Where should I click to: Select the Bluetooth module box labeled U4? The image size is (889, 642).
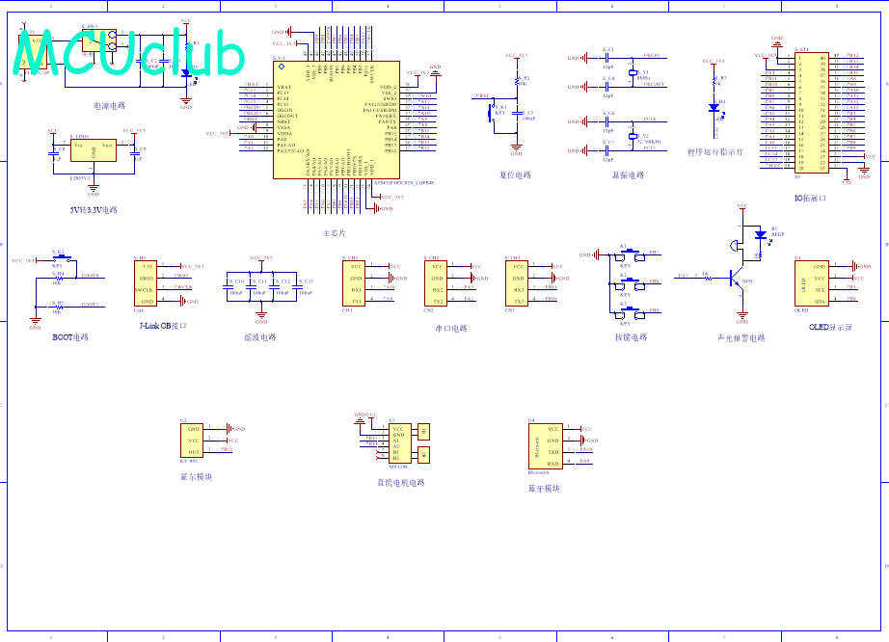pyautogui.click(x=546, y=445)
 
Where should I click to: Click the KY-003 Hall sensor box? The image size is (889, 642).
pyautogui.click(x=195, y=440)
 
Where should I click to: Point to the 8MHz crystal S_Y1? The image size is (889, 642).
pyautogui.click(x=633, y=72)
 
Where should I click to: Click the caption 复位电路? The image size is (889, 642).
pyautogui.click(x=516, y=175)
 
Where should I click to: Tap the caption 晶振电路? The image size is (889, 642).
pyautogui.click(x=628, y=175)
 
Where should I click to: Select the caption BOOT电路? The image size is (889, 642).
pyautogui.click(x=69, y=337)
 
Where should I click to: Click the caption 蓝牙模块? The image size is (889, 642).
pyautogui.click(x=544, y=489)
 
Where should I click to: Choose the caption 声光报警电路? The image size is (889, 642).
pyautogui.click(x=741, y=338)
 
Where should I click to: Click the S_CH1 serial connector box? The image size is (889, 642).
pyautogui.click(x=355, y=282)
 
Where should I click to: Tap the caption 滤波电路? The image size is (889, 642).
pyautogui.click(x=260, y=337)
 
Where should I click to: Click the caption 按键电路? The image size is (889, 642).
pyautogui.click(x=631, y=337)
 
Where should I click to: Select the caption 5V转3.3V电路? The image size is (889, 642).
pyautogui.click(x=93, y=209)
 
